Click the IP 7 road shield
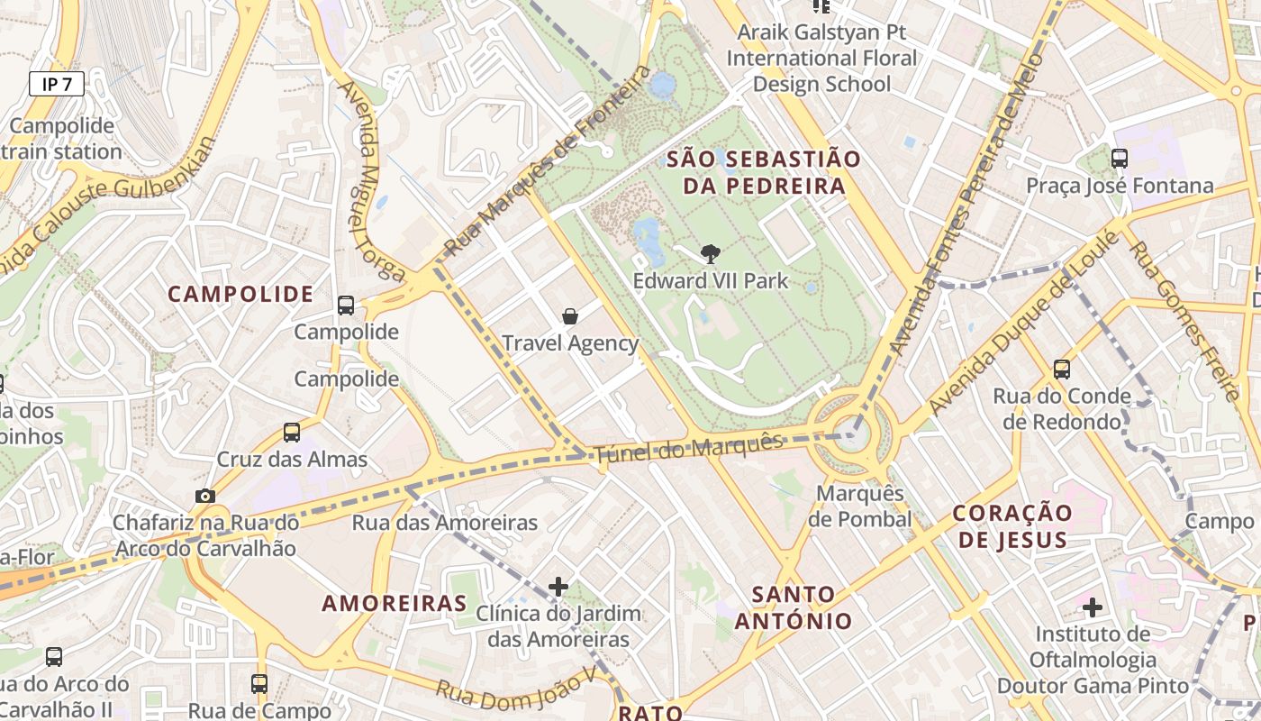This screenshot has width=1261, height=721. [x=57, y=84]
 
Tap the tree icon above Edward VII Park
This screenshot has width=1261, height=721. [x=710, y=253]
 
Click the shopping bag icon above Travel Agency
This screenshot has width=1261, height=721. [x=570, y=315]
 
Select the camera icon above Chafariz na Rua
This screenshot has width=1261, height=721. [x=205, y=496]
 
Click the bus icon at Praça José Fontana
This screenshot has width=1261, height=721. [x=1120, y=159]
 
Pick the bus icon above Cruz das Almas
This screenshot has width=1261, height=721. [x=292, y=432]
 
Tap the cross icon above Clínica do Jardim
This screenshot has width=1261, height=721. [x=558, y=587]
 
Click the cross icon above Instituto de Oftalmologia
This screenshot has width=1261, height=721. [x=1093, y=607]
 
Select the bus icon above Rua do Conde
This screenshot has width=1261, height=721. [x=1062, y=369]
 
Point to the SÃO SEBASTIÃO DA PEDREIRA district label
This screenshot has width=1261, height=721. [x=764, y=173]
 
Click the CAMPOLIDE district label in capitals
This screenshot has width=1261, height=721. [x=240, y=294]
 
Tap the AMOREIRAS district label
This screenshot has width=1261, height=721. [x=395, y=603]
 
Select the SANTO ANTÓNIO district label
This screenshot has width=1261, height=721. [x=794, y=607]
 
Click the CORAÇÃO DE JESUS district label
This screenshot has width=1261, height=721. [x=1013, y=527]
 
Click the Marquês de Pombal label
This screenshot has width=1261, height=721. [x=860, y=507]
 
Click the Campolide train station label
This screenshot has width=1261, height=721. [x=61, y=139]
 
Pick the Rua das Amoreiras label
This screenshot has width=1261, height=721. [x=444, y=522]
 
